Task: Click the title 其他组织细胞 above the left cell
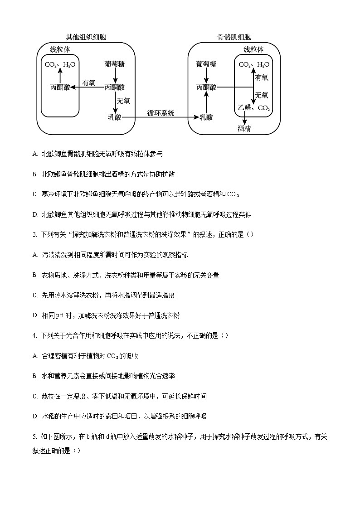point(86,37)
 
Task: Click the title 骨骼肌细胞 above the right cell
point(234,37)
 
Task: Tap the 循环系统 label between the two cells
point(161,113)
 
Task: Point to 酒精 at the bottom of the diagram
point(244,129)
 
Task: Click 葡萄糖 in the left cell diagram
point(115,64)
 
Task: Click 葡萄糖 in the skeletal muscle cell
point(206,64)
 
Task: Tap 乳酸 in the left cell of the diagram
point(115,117)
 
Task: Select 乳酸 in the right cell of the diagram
point(206,117)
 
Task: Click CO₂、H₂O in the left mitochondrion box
point(60,64)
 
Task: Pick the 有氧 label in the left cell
point(89,83)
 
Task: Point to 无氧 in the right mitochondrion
point(262,96)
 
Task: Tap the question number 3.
point(34,234)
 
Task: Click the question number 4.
point(34,335)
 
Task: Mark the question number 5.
point(34,436)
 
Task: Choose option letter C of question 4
point(35,396)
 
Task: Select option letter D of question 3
point(35,315)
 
